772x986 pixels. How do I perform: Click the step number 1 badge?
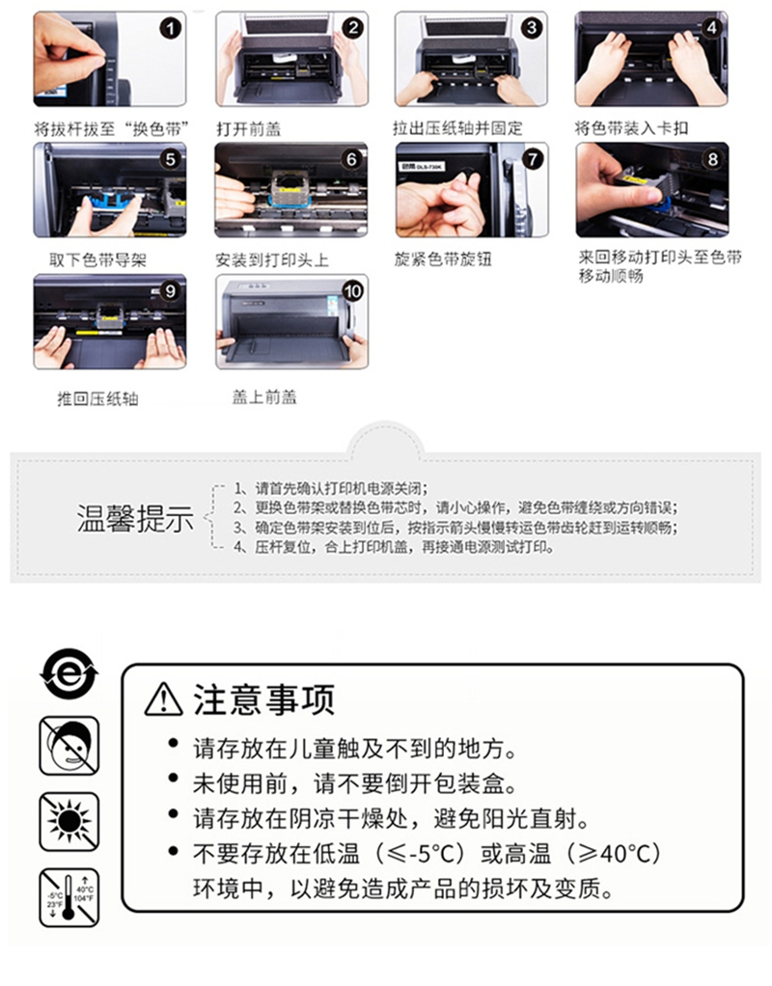click(x=170, y=28)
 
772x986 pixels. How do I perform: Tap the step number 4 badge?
click(x=711, y=28)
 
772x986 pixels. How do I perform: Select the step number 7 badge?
click(x=533, y=159)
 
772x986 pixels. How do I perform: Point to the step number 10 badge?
click(x=352, y=291)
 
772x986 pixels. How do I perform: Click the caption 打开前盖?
click(x=249, y=129)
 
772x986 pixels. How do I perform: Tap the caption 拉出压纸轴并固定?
click(x=457, y=128)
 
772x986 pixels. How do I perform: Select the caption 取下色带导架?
click(x=97, y=260)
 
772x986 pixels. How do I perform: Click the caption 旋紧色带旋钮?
click(x=443, y=260)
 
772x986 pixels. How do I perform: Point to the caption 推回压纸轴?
click(x=97, y=398)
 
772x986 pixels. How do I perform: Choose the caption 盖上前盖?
click(x=264, y=397)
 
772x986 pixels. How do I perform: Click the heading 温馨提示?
click(x=136, y=519)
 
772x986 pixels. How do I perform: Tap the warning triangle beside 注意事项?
click(x=164, y=699)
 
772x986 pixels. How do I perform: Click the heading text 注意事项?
click(x=264, y=699)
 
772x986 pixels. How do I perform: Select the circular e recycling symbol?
click(x=69, y=673)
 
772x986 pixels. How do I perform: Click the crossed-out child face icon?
click(x=69, y=746)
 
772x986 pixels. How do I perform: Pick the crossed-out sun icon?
click(x=69, y=821)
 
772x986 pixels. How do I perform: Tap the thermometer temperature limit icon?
click(x=69, y=897)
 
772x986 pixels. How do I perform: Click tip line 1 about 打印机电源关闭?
click(x=331, y=488)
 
